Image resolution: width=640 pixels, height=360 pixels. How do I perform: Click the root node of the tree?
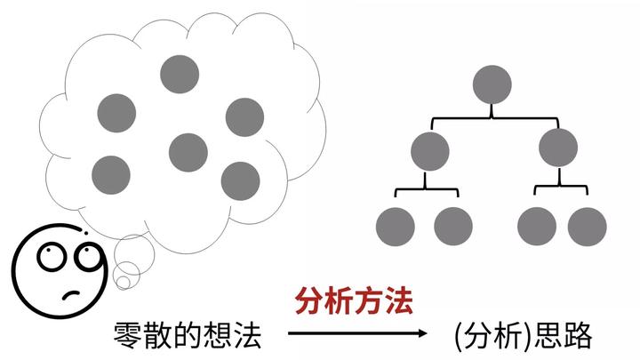pos(492,85)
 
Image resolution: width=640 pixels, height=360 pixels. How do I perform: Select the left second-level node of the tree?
pos(430,150)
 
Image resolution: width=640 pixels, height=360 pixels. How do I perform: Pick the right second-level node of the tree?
pos(558,148)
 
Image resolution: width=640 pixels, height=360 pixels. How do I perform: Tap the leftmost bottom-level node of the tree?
pos(396,226)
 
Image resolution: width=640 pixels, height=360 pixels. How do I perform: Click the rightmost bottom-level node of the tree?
pos(587,226)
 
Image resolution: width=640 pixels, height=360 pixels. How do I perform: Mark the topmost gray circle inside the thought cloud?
pos(179,74)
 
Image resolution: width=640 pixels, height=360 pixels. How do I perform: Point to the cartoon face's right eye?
pos(86,259)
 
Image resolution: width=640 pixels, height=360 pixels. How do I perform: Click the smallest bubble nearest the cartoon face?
pos(124,283)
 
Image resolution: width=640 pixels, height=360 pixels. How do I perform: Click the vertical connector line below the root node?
pos(492,110)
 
